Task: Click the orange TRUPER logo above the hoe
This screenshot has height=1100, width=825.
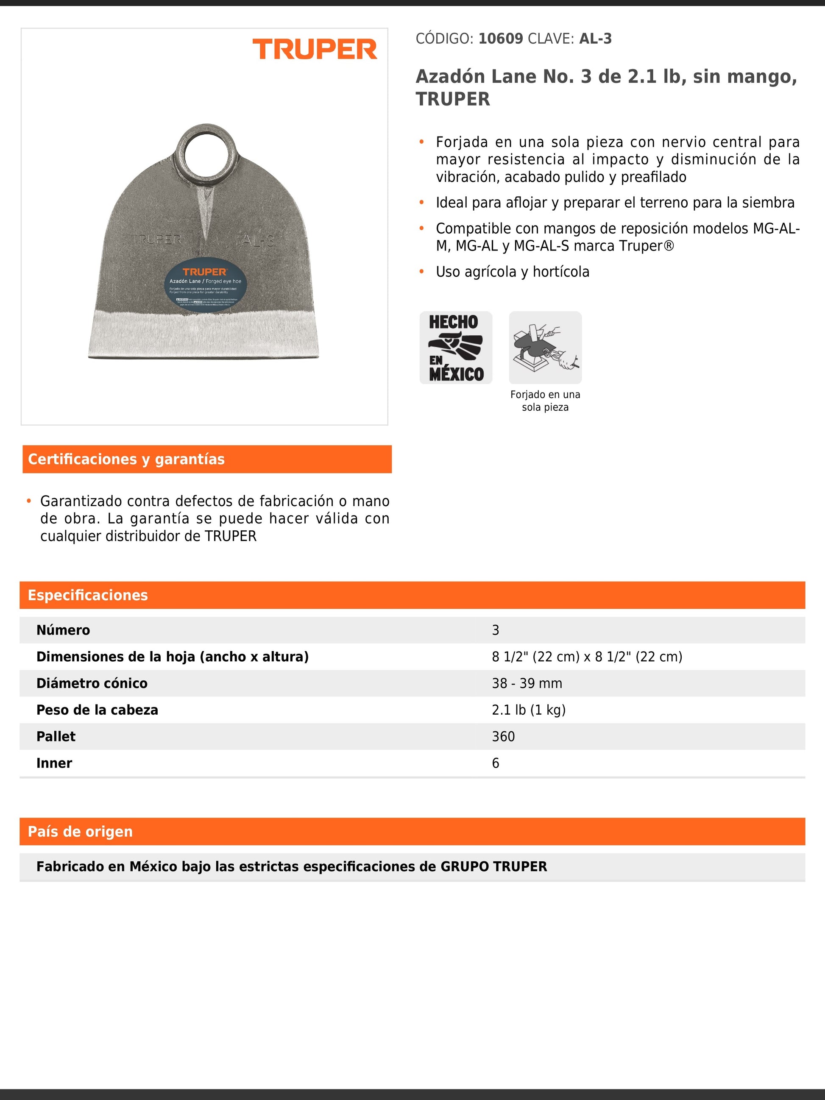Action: pos(315,49)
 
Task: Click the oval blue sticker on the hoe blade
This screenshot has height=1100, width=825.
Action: pos(205,284)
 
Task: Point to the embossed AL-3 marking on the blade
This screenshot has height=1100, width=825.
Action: pos(258,241)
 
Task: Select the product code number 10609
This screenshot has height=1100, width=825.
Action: pos(500,39)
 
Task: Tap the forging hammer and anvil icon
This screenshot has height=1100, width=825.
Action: pos(545,348)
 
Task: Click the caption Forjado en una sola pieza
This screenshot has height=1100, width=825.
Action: pos(545,401)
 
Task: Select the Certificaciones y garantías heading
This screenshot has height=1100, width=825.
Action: pos(126,459)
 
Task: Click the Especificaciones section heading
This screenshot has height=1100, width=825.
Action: pos(88,595)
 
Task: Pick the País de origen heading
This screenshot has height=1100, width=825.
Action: pos(81,832)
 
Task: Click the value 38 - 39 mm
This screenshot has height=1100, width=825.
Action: pos(527,683)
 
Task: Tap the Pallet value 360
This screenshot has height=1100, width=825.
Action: pos(503,736)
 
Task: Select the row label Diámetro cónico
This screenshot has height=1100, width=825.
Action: pos(92,683)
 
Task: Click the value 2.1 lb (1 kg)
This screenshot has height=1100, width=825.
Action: pos(529,710)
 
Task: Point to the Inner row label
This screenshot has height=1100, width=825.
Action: pos(54,763)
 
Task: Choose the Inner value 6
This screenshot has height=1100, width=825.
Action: pos(495,763)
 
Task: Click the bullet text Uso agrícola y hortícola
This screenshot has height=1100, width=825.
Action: pos(512,272)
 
